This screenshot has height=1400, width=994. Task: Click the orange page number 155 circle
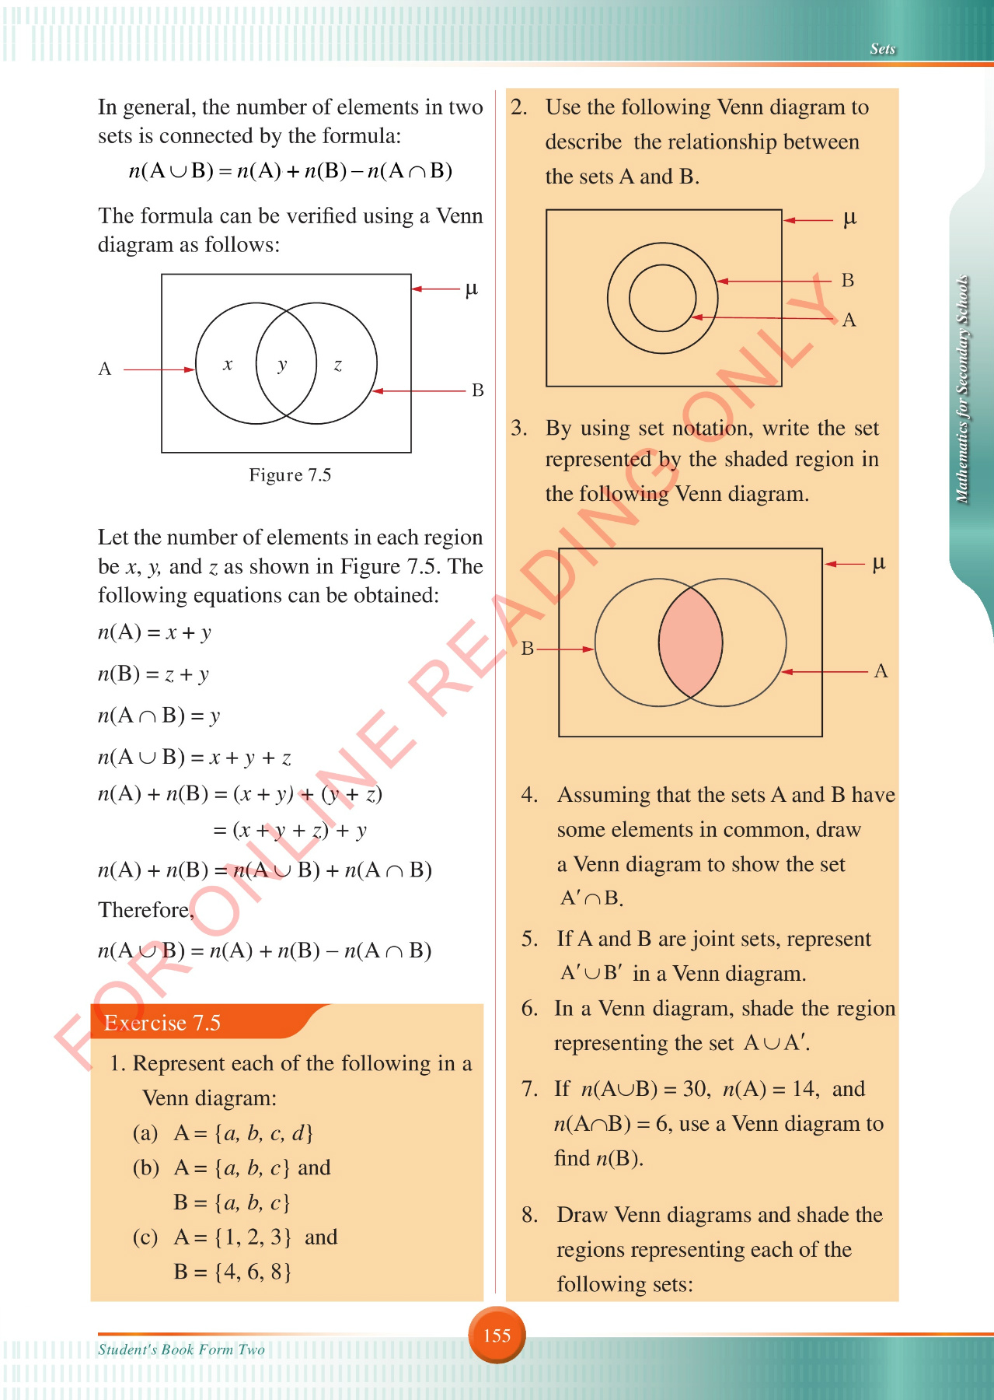point(497,1335)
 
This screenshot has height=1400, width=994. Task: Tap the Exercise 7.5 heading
point(162,1023)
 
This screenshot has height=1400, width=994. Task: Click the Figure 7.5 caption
point(290,474)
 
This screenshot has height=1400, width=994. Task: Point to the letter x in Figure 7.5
point(228,364)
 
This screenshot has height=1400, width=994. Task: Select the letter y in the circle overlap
point(283,364)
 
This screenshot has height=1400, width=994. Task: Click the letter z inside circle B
point(338,364)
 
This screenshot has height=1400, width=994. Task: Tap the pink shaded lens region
point(690,642)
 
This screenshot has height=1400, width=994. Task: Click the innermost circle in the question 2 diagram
point(662,298)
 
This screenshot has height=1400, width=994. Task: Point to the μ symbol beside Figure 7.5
point(471,289)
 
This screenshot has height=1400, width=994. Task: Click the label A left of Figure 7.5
point(105,369)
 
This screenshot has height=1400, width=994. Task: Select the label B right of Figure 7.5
point(478,390)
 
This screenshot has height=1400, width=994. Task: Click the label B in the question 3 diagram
point(528,649)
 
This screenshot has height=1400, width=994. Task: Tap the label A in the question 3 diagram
point(881,671)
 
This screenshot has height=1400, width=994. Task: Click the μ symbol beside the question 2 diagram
point(849,219)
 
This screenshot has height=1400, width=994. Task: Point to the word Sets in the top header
point(883,49)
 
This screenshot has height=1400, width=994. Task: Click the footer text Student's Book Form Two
point(181,1349)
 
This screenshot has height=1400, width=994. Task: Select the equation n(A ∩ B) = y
point(159,716)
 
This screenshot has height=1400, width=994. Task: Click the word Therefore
point(145,910)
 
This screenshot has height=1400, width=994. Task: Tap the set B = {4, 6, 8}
point(232,1272)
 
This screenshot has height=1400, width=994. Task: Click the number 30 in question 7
point(695,1089)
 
